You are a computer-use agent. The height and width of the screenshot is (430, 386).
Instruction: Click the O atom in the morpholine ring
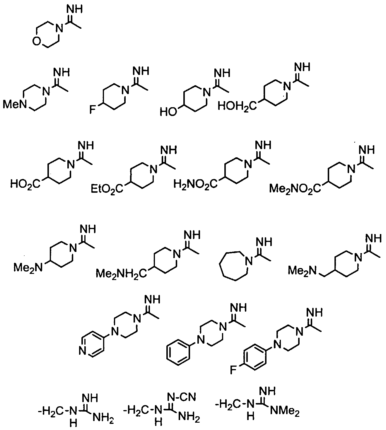click(37, 41)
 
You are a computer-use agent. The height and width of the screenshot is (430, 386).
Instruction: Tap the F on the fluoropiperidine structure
click(93, 110)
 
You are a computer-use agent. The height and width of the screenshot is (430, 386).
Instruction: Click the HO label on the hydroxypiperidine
click(168, 112)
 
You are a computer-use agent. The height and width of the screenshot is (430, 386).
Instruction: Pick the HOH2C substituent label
click(237, 106)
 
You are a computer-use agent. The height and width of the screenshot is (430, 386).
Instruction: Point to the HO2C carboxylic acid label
click(25, 184)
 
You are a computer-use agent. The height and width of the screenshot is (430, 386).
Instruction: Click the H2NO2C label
click(195, 184)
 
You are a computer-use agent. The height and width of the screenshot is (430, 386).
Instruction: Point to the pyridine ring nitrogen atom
click(82, 350)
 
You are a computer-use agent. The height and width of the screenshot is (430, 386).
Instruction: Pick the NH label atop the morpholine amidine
click(74, 9)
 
